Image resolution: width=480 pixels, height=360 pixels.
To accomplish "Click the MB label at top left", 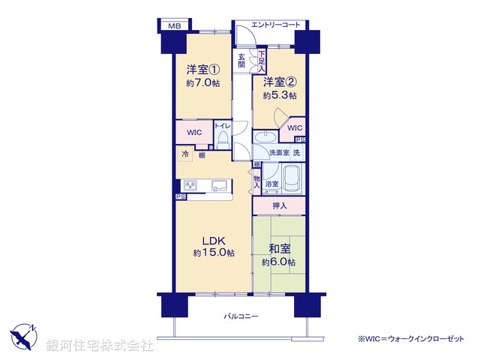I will [174, 26].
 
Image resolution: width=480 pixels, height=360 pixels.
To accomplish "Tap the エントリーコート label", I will [275, 25].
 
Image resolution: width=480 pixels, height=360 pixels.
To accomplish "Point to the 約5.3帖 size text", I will [279, 95].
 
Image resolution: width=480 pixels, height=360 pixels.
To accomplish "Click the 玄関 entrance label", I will [241, 61].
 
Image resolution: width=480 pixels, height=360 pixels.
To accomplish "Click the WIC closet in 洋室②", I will [295, 128].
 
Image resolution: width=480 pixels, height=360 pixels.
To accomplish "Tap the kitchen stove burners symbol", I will [188, 184].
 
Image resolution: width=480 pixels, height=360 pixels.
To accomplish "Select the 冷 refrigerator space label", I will [184, 154].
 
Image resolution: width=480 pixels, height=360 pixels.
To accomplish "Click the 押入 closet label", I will [279, 204].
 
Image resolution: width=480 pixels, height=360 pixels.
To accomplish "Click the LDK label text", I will [213, 241].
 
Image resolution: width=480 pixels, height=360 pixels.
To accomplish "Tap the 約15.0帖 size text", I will [213, 253].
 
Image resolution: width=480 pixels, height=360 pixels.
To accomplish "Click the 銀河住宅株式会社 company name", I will [100, 345].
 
